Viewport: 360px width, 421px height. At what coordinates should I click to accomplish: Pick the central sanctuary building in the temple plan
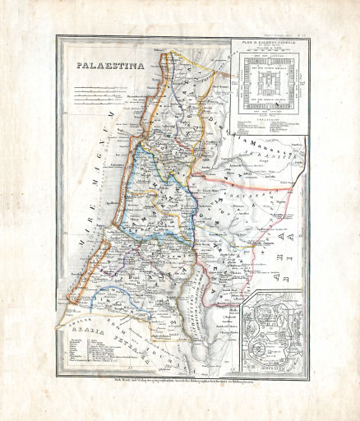pos(268,82)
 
